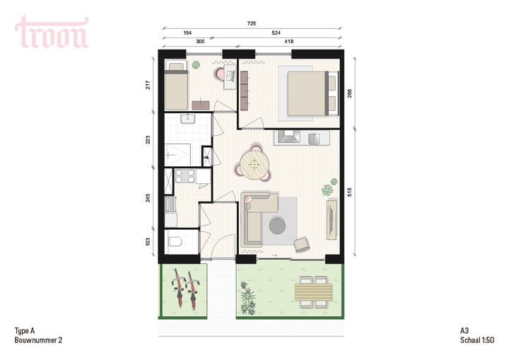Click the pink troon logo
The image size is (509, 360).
[x=52, y=33]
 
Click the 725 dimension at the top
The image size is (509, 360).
[x=252, y=23]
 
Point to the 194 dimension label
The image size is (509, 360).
[x=188, y=33]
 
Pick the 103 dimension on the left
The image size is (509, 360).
[x=148, y=241]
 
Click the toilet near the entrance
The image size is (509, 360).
[x=176, y=243]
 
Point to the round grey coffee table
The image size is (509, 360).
[x=277, y=226]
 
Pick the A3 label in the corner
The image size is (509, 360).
[x=465, y=331]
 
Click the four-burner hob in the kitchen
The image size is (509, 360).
[x=185, y=176]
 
